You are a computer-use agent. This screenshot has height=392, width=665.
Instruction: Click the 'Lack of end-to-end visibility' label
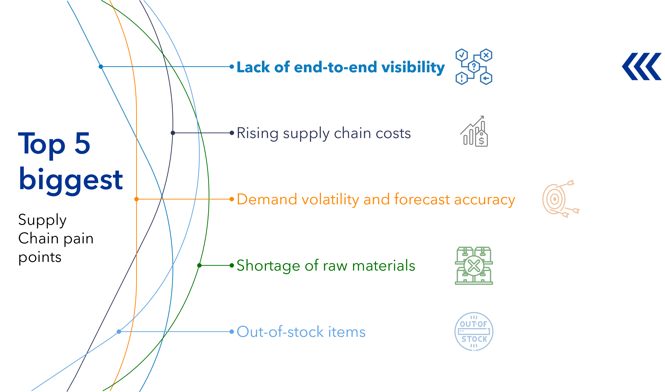(x=340, y=67)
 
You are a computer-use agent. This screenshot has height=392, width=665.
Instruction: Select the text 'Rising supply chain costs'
(x=324, y=133)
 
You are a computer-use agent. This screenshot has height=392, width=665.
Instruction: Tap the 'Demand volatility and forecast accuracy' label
(x=376, y=199)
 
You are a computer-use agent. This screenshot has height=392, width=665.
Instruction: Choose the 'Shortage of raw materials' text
(x=326, y=266)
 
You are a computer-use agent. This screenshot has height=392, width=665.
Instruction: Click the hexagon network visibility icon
(x=474, y=67)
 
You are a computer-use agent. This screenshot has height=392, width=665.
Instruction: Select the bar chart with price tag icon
(x=474, y=131)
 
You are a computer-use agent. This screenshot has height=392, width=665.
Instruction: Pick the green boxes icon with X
(x=474, y=266)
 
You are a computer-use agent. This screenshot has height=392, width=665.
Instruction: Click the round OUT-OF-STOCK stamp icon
(x=474, y=332)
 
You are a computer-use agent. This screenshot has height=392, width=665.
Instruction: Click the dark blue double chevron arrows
(x=642, y=66)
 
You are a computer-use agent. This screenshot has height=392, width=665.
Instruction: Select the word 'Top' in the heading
(x=41, y=144)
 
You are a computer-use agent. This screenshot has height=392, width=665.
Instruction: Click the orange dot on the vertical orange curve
(x=137, y=199)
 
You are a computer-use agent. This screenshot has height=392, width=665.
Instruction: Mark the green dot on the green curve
(x=199, y=266)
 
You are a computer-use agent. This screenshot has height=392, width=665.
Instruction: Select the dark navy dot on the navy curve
(x=173, y=133)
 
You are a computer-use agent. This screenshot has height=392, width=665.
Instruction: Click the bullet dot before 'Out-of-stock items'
(x=232, y=332)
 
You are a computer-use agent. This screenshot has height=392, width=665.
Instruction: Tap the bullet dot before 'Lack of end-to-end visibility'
(x=232, y=67)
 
